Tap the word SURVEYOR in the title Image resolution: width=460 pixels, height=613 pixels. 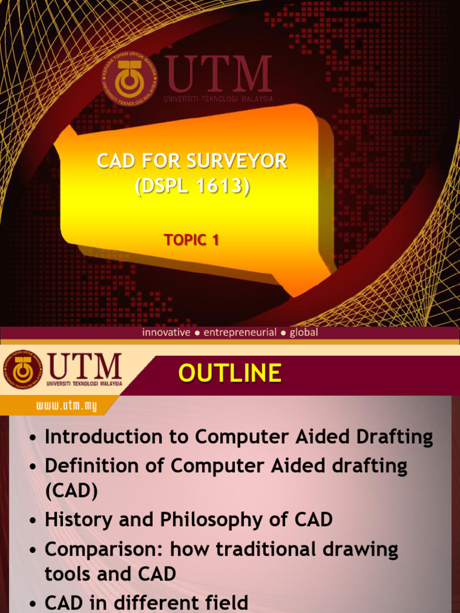237,161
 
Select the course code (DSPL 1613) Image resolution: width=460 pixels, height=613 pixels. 192,186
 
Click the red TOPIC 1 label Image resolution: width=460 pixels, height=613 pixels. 192,240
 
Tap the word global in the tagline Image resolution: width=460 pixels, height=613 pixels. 304,332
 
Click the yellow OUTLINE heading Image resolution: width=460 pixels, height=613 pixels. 230,373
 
